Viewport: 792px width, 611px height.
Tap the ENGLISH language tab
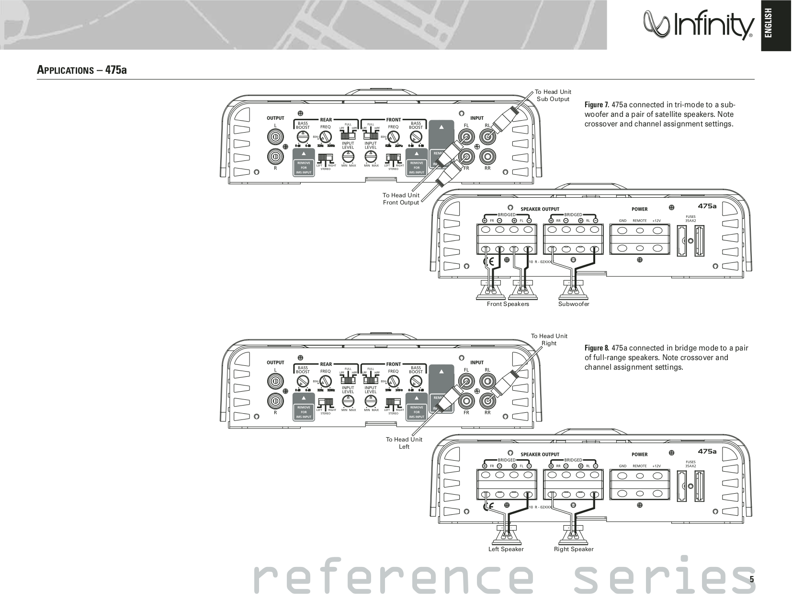point(776,26)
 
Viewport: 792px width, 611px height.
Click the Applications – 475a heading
point(82,70)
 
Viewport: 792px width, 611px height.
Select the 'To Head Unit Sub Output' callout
point(553,95)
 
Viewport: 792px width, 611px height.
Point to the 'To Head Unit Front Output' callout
point(401,199)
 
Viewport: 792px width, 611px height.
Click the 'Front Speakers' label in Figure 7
point(508,304)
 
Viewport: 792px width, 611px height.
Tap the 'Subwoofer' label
point(574,304)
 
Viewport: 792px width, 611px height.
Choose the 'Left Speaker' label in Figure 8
point(506,549)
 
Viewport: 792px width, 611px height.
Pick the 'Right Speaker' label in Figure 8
point(574,549)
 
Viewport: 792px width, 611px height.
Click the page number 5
point(751,579)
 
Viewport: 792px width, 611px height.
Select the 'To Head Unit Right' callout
point(549,339)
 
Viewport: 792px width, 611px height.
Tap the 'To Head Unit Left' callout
point(404,443)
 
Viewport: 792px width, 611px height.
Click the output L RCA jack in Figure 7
point(275,138)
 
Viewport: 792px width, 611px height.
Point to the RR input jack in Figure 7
point(487,156)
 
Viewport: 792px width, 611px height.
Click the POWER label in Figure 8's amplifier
point(639,454)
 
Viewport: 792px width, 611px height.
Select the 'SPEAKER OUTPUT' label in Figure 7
point(540,209)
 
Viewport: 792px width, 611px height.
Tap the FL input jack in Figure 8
point(466,382)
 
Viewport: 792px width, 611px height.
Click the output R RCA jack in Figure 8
point(275,400)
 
